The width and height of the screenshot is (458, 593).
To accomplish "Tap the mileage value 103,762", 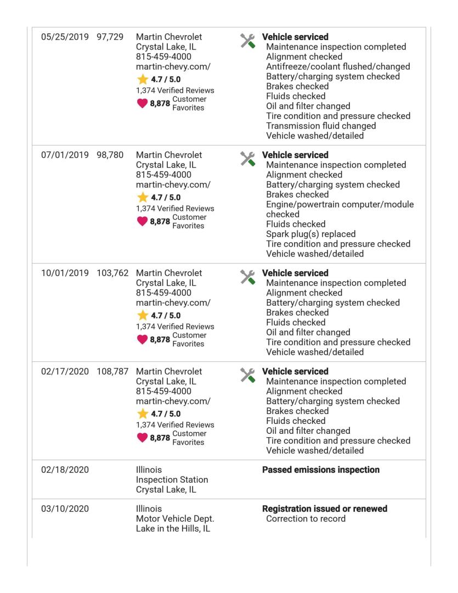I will click(112, 273).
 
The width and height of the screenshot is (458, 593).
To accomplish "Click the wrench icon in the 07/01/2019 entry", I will click(248, 158).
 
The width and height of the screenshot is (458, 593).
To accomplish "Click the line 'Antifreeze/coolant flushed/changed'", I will click(338, 67).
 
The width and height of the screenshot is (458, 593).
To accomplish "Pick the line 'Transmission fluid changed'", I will click(321, 126).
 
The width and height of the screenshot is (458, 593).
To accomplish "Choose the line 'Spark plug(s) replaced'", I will click(310, 234).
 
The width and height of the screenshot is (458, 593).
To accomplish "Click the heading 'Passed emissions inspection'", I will click(321, 470).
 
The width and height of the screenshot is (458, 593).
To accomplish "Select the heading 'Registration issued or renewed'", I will click(325, 509).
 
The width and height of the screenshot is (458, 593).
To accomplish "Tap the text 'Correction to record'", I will click(306, 519).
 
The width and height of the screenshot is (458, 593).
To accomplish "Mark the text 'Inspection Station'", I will click(172, 480).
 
